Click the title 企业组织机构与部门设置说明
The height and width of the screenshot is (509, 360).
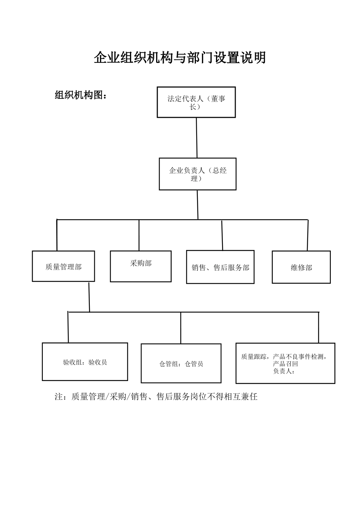[180, 58]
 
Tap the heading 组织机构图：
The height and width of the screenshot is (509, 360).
[81, 95]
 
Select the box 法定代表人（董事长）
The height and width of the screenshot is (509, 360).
[196, 102]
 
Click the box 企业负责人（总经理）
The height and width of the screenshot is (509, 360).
[197, 174]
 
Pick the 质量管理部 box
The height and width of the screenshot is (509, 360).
[63, 266]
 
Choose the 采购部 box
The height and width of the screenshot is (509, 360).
[141, 266]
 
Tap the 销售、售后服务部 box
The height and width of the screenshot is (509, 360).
[220, 267]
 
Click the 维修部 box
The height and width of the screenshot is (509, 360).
[301, 267]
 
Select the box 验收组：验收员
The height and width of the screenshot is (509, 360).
[85, 362]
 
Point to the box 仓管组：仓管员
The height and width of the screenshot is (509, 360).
[181, 364]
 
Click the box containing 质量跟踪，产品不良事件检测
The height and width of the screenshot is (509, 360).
[285, 363]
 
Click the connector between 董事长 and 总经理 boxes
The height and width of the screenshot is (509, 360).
[197, 137]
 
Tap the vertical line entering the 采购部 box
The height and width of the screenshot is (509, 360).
[139, 235]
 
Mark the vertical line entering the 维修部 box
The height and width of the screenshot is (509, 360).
[308, 235]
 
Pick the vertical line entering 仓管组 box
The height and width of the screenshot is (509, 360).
[181, 328]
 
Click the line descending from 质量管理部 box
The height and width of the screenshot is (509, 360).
[89, 297]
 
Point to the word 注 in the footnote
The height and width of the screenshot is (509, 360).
[59, 397]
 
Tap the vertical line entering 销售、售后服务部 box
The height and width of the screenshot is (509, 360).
[222, 235]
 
